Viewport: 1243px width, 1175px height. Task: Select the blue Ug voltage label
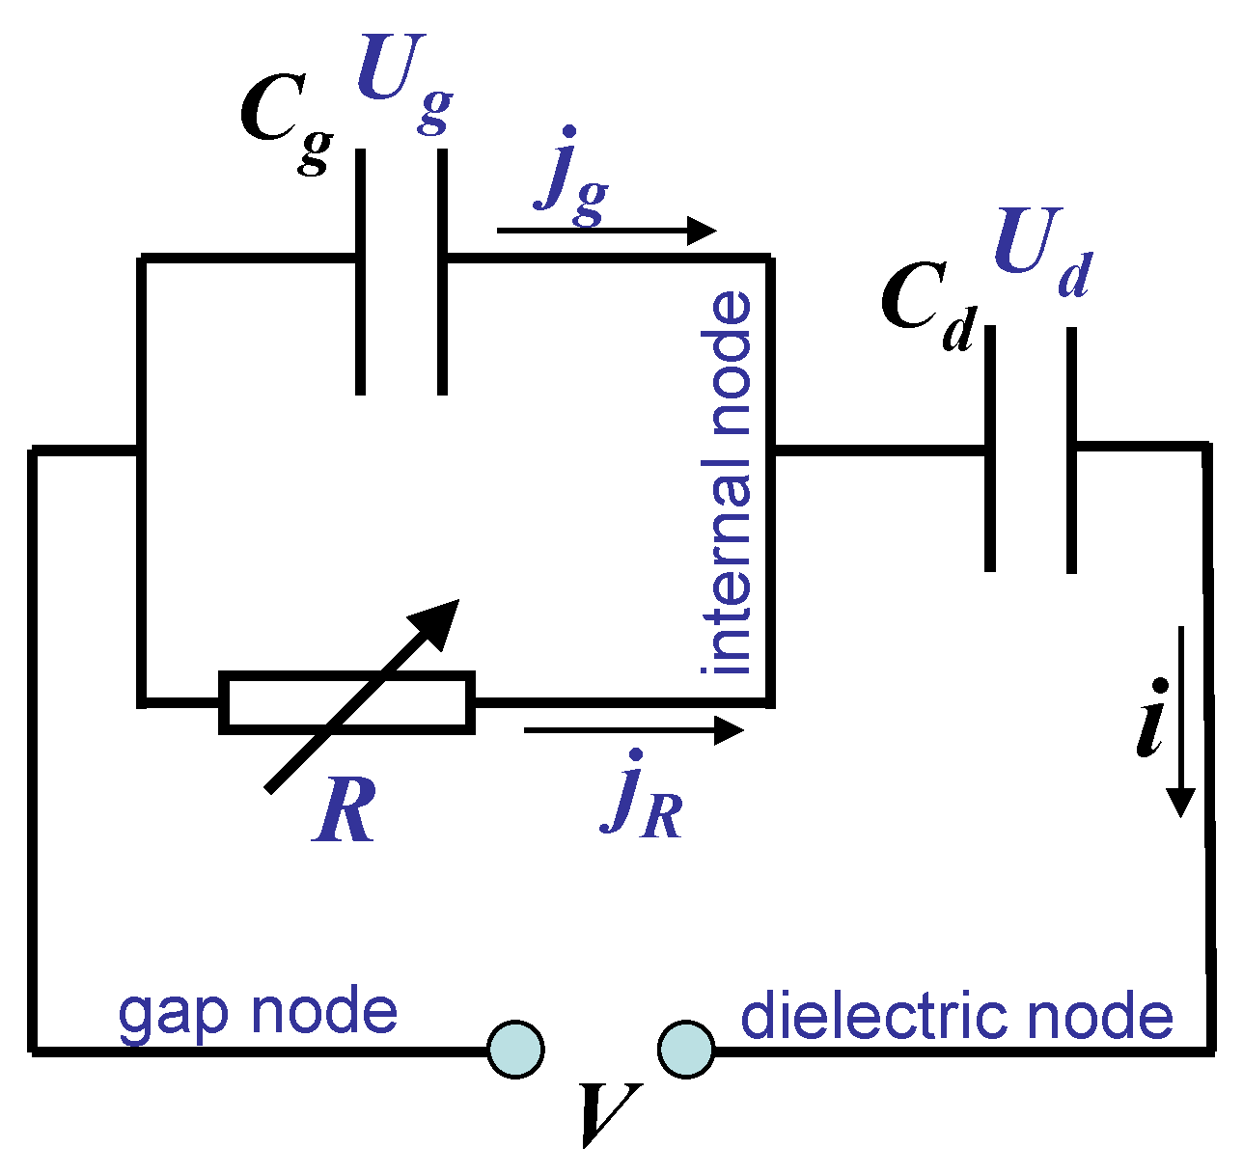(403, 81)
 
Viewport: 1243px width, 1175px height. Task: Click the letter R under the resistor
(345, 812)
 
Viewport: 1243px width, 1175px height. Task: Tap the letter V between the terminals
(612, 1114)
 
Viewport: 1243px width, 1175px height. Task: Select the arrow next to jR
(633, 730)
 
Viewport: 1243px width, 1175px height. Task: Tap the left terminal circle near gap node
(515, 1048)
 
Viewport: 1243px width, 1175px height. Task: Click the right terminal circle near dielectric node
(686, 1048)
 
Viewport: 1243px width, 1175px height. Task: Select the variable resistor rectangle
(347, 702)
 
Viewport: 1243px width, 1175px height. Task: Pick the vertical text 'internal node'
(729, 482)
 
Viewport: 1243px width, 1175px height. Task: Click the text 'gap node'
(258, 1013)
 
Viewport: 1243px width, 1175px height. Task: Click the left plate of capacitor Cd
(989, 449)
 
